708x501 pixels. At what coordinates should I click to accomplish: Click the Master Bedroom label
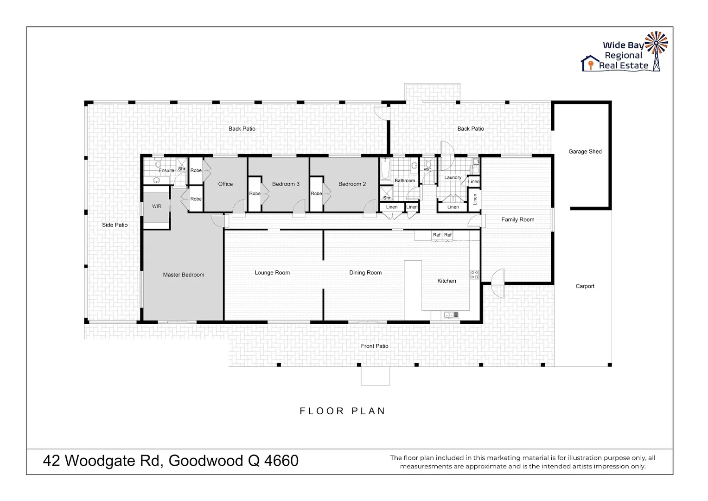click(183, 275)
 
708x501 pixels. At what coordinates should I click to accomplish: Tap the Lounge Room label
click(272, 273)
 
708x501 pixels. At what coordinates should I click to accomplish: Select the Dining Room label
click(365, 273)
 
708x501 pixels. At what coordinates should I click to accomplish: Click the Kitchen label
click(446, 281)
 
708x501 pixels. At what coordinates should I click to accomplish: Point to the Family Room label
click(517, 219)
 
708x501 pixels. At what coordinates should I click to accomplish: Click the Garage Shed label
click(585, 151)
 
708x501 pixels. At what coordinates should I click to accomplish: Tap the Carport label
click(585, 286)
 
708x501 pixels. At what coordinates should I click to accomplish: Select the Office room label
click(225, 184)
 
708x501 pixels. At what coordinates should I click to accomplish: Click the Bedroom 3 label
click(286, 184)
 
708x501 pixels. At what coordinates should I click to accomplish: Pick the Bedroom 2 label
click(352, 184)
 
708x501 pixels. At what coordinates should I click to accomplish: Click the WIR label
click(157, 206)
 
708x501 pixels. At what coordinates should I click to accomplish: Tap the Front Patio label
click(375, 346)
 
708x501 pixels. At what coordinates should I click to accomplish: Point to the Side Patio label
click(115, 225)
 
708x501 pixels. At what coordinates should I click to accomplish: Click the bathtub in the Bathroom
click(384, 169)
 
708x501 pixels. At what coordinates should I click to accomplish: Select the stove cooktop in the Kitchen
click(474, 275)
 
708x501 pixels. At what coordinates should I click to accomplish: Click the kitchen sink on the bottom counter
click(448, 315)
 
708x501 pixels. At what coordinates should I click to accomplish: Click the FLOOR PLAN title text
click(343, 411)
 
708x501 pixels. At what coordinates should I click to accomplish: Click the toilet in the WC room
click(427, 163)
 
